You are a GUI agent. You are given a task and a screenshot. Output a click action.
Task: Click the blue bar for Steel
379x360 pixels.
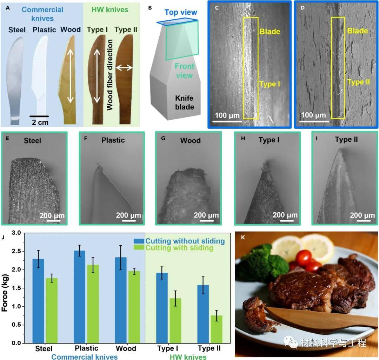pyautogui.click(x=38, y=301)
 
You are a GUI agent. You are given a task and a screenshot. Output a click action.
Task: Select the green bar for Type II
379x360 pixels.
pyautogui.click(x=217, y=329)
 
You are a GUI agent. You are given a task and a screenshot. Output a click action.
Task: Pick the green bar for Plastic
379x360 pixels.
pyautogui.click(x=93, y=304)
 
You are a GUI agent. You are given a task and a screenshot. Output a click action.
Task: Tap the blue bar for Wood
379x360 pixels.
pyautogui.click(x=121, y=300)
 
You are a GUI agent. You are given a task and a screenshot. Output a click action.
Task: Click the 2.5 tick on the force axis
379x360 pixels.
pyautogui.click(x=23, y=251)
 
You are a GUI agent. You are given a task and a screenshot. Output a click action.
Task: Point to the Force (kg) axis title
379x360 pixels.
pyautogui.click(x=5, y=293)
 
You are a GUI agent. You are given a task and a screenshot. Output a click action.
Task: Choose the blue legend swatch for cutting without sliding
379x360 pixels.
pyautogui.click(x=139, y=241)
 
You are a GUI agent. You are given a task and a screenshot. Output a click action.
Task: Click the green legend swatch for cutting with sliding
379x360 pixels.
pyautogui.click(x=139, y=247)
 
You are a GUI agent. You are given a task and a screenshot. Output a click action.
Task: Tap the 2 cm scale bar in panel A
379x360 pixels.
pyautogui.click(x=39, y=116)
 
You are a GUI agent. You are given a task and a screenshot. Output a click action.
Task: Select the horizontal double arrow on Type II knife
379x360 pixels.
pyautogui.click(x=124, y=68)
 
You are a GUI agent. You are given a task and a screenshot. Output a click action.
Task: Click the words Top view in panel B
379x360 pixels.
pyautogui.click(x=181, y=12)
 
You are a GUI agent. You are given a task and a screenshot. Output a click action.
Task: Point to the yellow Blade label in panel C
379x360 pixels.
pyautogui.click(x=270, y=32)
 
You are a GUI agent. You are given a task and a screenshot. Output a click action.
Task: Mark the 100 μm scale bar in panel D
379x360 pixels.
pyautogui.click(x=314, y=121)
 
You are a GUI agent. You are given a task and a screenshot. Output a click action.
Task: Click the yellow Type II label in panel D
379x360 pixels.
pyautogui.click(x=358, y=82)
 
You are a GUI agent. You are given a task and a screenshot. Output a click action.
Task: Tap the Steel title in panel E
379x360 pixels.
pyautogui.click(x=32, y=141)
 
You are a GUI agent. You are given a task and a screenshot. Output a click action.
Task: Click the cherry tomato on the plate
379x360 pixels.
pyautogui.click(x=304, y=258)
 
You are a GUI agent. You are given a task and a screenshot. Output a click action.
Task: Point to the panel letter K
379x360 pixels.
pyautogui.click(x=243, y=238)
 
